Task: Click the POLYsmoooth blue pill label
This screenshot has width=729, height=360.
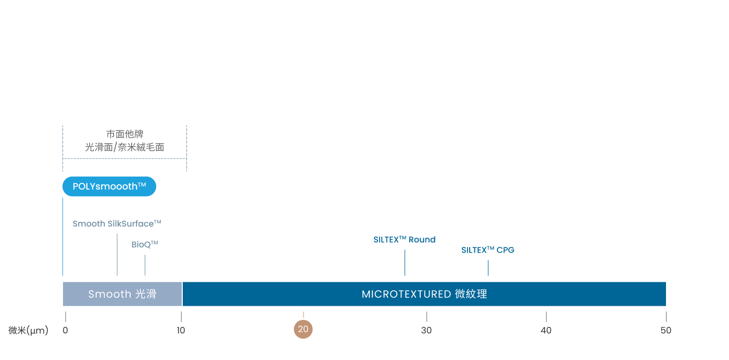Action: (x=109, y=187)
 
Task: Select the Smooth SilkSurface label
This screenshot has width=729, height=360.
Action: (x=117, y=224)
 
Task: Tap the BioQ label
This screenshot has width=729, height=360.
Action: (x=144, y=244)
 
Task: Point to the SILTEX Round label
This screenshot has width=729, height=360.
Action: (x=405, y=240)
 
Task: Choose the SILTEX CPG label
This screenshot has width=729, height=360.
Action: (x=488, y=250)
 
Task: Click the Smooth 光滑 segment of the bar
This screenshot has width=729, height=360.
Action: (x=122, y=294)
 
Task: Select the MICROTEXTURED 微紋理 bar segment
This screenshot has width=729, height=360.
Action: (x=424, y=294)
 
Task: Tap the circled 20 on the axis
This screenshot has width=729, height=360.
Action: (x=303, y=329)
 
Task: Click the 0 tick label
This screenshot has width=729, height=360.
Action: (x=65, y=330)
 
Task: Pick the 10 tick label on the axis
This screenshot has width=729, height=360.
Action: (x=181, y=330)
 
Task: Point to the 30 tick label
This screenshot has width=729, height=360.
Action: (x=426, y=330)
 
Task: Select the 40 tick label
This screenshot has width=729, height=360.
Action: (x=546, y=330)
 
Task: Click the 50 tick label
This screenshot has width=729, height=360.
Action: (x=665, y=330)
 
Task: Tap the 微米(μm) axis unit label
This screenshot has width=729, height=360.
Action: (x=28, y=330)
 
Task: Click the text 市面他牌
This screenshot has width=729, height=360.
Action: (x=124, y=134)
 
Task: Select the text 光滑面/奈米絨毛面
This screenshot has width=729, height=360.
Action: (x=124, y=147)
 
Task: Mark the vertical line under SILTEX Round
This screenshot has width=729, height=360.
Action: (x=405, y=263)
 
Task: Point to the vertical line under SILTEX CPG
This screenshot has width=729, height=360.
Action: (x=488, y=268)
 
